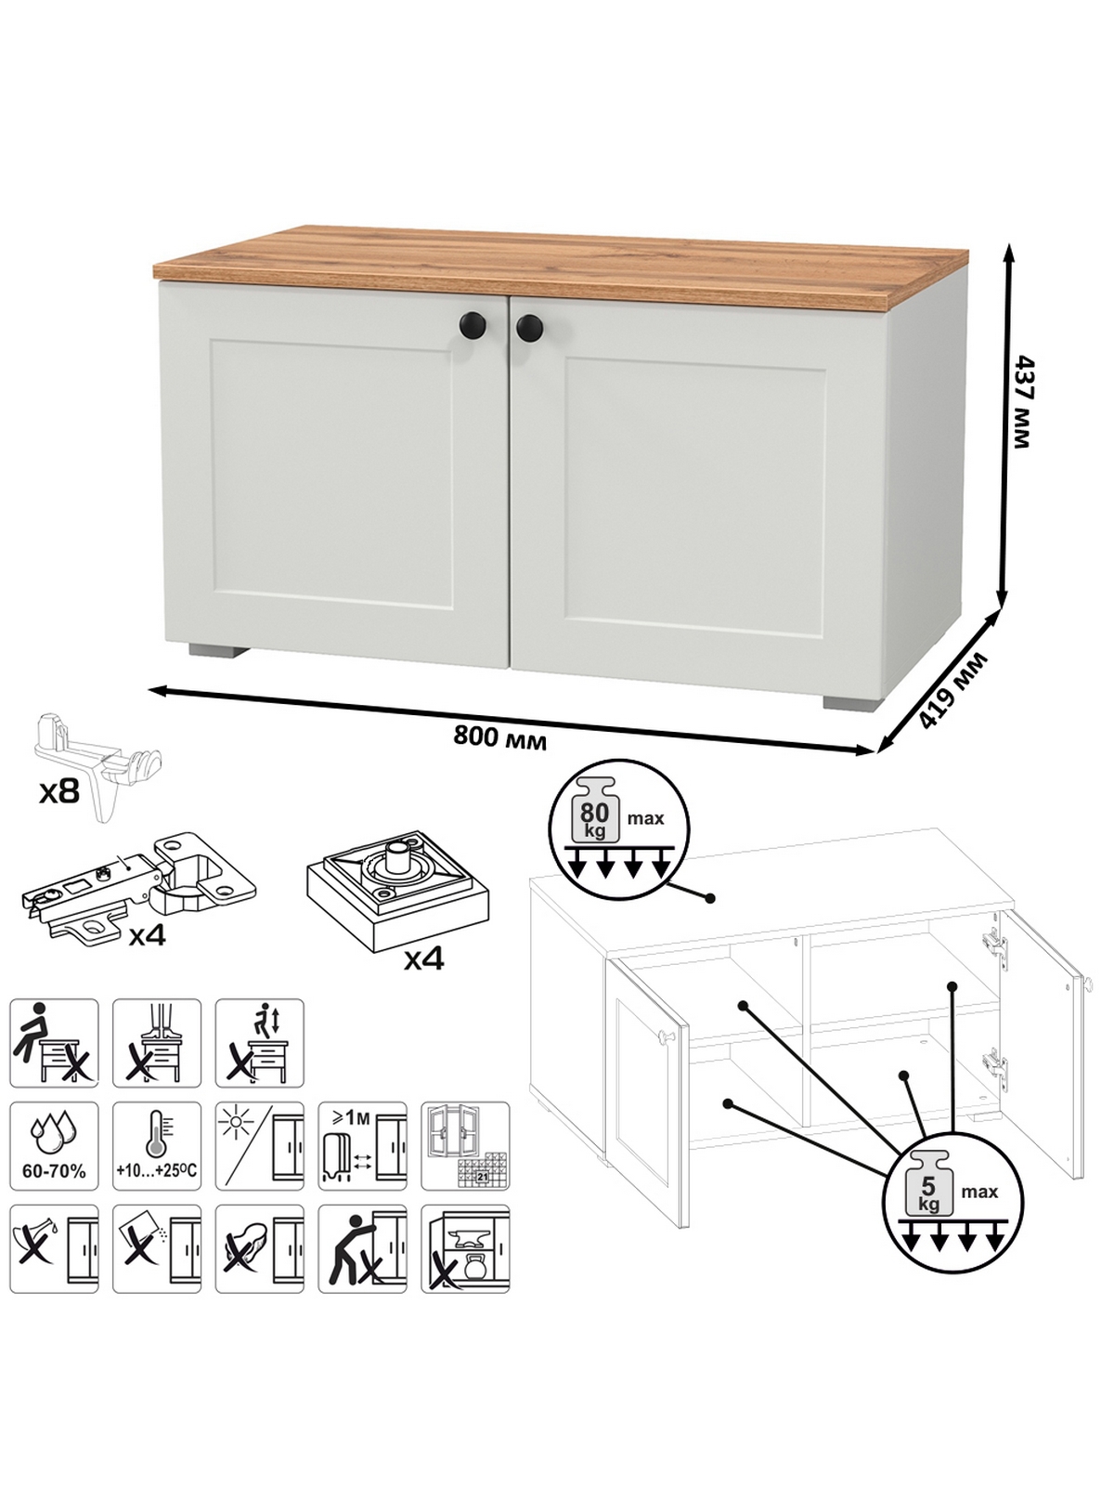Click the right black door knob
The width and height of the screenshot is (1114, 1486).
(x=529, y=328)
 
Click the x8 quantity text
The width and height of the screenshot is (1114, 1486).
(x=58, y=790)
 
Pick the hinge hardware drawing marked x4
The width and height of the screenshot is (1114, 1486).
(x=139, y=887)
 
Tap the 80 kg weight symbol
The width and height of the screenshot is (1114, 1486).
(x=594, y=809)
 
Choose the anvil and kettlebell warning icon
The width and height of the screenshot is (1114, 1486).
(x=465, y=1249)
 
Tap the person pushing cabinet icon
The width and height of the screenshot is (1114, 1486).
(x=363, y=1249)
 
